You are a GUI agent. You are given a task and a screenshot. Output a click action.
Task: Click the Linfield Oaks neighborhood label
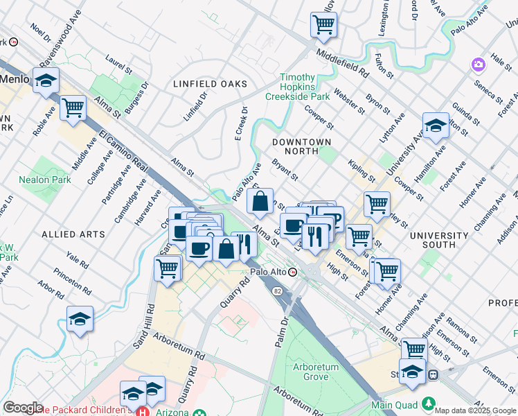click(x=210, y=84)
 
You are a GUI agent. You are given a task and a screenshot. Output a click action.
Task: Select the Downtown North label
click(x=301, y=141)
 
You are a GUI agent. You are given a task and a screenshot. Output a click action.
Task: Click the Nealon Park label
click(x=45, y=180)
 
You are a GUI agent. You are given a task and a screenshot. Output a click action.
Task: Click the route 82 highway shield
click(x=277, y=291)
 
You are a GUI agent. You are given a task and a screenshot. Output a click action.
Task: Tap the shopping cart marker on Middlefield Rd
click(x=323, y=25)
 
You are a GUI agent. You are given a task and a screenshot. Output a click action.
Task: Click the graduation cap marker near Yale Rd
click(x=80, y=319)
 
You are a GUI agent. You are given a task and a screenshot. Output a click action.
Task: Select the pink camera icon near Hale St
click(x=477, y=65)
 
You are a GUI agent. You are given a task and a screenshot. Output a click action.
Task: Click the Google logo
click(x=23, y=408)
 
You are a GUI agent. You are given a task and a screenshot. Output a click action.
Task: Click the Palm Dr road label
click(x=283, y=331)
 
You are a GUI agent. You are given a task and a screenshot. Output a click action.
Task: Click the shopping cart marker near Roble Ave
click(x=73, y=108)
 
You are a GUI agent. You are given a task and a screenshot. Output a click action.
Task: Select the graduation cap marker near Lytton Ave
click(x=436, y=126)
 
